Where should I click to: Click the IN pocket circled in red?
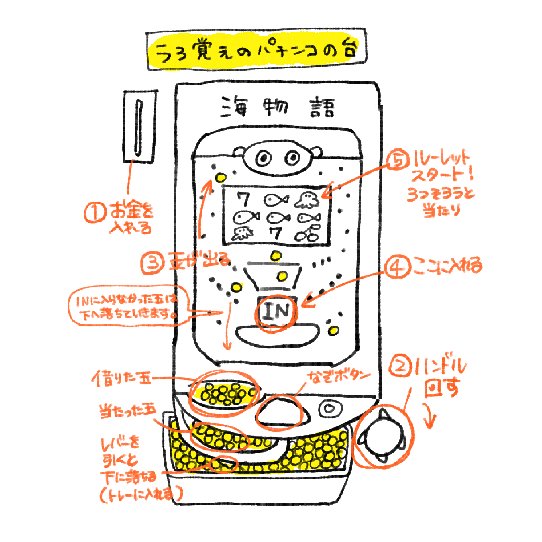point(276,312)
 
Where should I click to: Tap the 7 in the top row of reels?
point(243,199)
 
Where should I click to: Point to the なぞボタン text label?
point(339,377)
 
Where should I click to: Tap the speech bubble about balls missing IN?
point(127,306)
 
